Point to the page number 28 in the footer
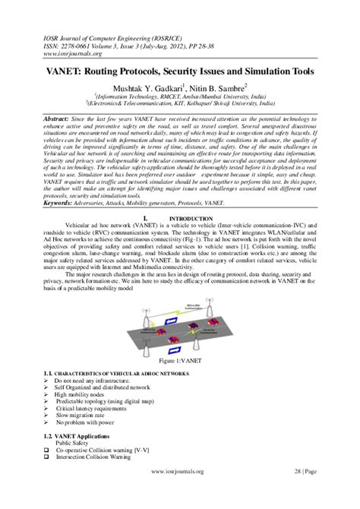(298, 492)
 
